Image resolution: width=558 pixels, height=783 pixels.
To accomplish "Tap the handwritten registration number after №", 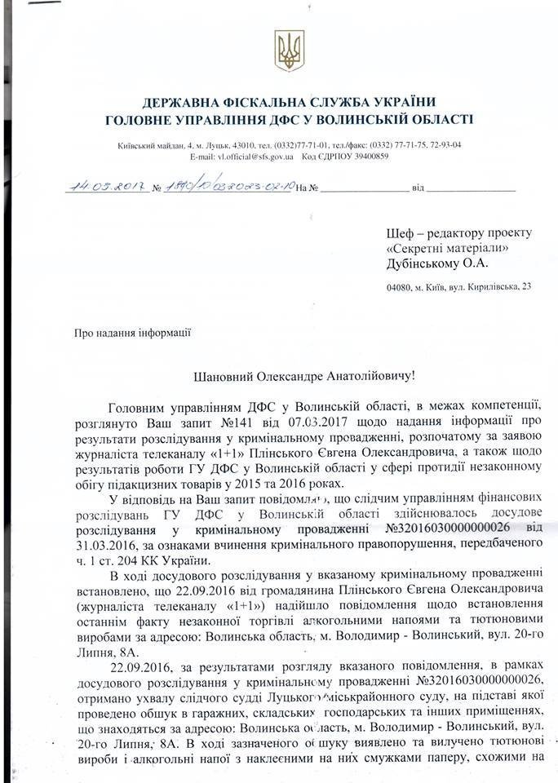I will point(228,187).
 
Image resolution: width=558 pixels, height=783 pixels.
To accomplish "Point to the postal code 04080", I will point(398,286).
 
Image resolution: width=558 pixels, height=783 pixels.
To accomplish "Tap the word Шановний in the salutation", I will point(226,376).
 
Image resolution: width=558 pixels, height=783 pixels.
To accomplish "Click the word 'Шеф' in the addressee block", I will point(401,233).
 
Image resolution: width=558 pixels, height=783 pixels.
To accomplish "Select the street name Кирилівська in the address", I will point(489,286).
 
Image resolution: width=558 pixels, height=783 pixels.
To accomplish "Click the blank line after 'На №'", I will point(364,188).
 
